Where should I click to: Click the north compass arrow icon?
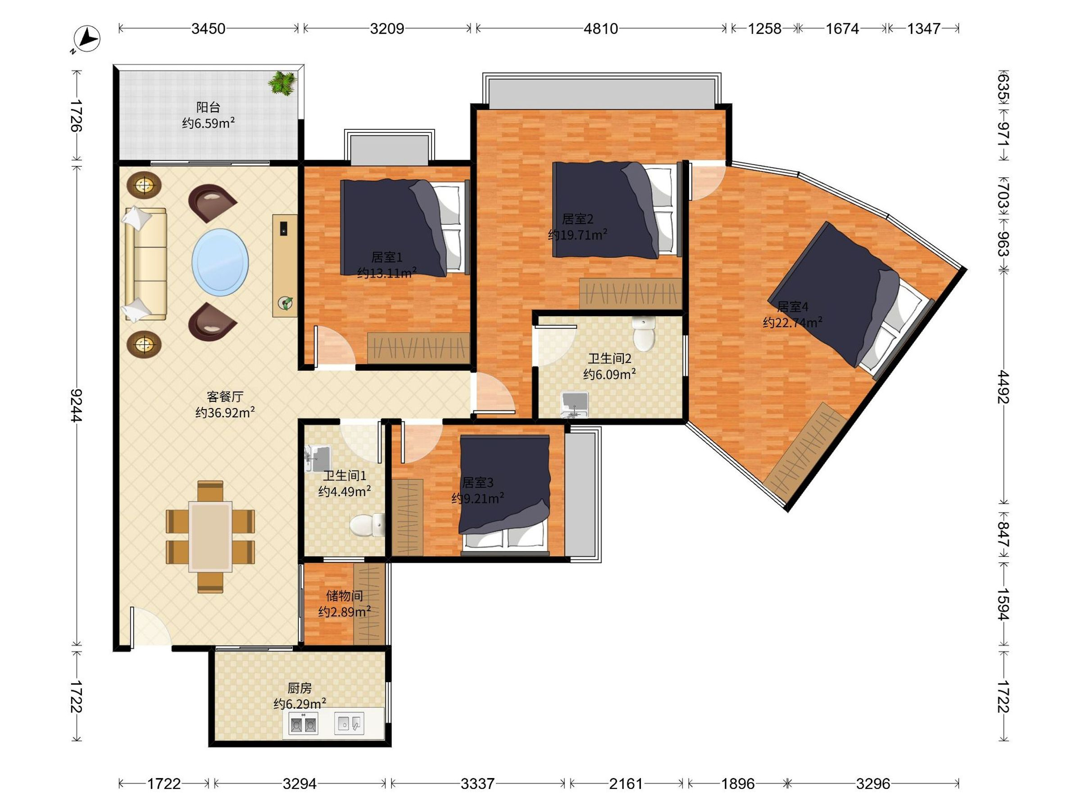[86, 39]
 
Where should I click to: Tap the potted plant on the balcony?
[282, 82]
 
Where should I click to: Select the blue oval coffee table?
[220, 262]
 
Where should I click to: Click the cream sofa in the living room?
[145, 264]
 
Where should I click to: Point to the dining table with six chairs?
[210, 537]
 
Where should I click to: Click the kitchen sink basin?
[349, 724]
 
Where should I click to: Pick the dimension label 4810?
[600, 29]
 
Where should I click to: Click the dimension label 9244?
[76, 405]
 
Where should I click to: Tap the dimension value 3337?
[477, 784]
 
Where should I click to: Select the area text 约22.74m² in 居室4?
[792, 322]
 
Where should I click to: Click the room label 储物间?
[345, 596]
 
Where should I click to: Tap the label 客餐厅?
[225, 396]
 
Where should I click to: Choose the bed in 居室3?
[505, 495]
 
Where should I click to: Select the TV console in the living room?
[285, 265]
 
